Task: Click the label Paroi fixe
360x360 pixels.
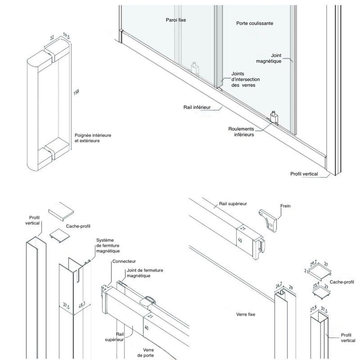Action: coord(175,20)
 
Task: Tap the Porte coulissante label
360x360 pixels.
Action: coord(255,23)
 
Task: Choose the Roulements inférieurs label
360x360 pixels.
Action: coord(241,131)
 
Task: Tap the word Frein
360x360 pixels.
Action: coord(285,206)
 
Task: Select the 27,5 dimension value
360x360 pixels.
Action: coord(313,309)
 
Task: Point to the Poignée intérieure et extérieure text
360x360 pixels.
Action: coord(94,138)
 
